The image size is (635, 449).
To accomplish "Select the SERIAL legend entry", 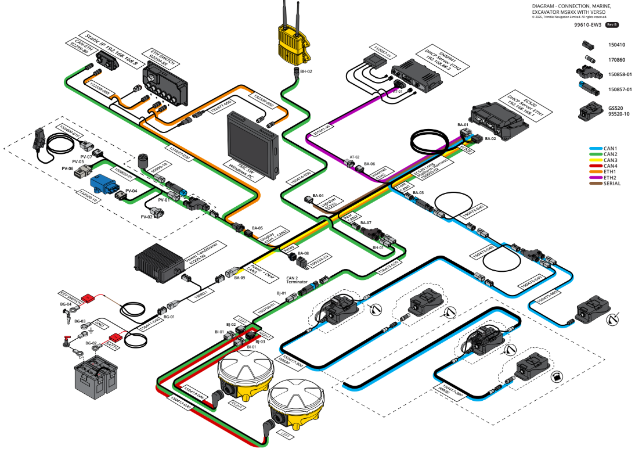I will [x=604, y=184].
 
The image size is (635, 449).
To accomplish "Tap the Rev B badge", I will [x=612, y=25].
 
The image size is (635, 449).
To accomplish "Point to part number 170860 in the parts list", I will [x=617, y=59].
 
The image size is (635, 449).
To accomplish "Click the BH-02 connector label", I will [x=306, y=71].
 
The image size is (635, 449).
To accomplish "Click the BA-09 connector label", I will [x=239, y=278].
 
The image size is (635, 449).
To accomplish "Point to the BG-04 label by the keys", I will [x=65, y=304].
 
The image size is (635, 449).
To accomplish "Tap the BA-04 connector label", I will [x=317, y=196].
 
